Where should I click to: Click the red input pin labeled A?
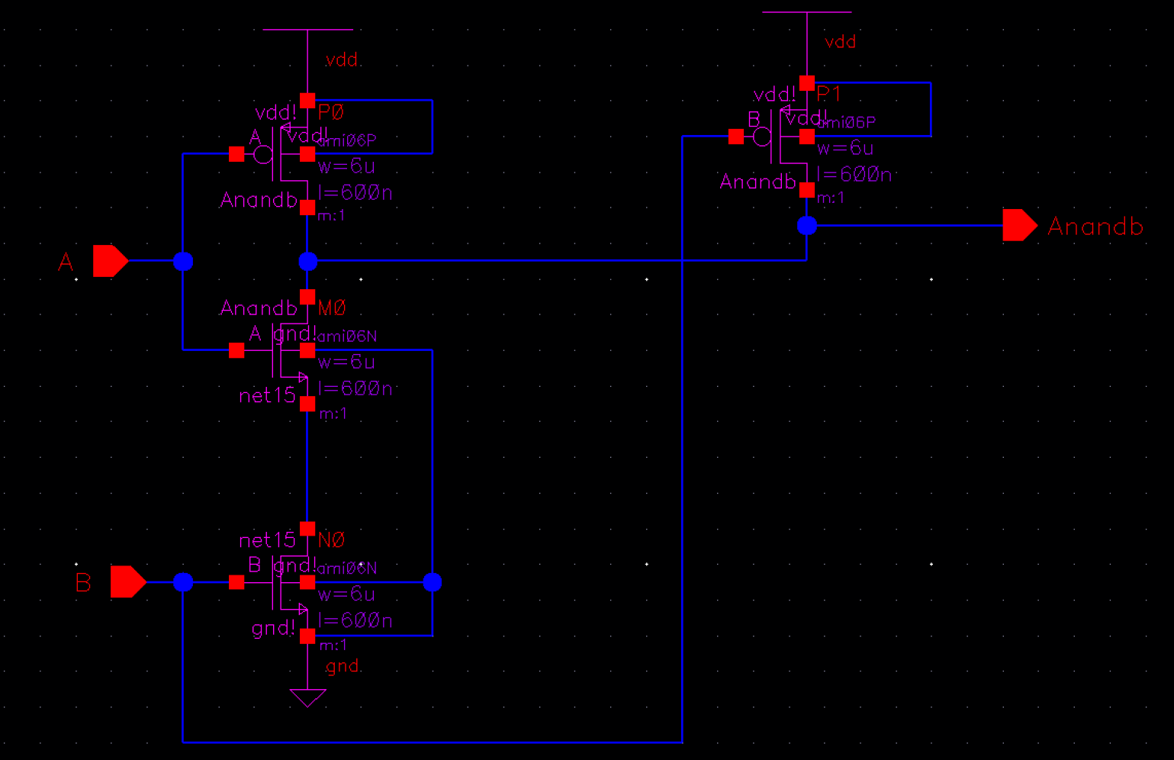point(110,261)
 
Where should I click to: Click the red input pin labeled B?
point(127,582)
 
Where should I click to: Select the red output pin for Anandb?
point(1019,225)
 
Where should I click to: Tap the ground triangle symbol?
point(307,697)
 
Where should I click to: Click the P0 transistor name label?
point(331,112)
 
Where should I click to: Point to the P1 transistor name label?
point(829,94)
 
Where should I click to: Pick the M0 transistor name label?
point(332,308)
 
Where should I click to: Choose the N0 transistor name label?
point(331,540)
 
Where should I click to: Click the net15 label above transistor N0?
point(267,541)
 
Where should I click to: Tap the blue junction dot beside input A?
point(183,262)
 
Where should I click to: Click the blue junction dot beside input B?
point(183,582)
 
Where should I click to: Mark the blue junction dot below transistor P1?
point(807,226)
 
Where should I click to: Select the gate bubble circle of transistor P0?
point(263,155)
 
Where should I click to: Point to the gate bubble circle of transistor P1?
point(761,137)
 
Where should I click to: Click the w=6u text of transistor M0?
point(346,362)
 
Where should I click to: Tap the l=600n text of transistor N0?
point(355,620)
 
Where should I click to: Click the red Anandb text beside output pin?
point(1095,227)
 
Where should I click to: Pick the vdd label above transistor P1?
point(841,42)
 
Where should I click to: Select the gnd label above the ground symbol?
point(343,666)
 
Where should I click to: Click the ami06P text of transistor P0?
point(347,141)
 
